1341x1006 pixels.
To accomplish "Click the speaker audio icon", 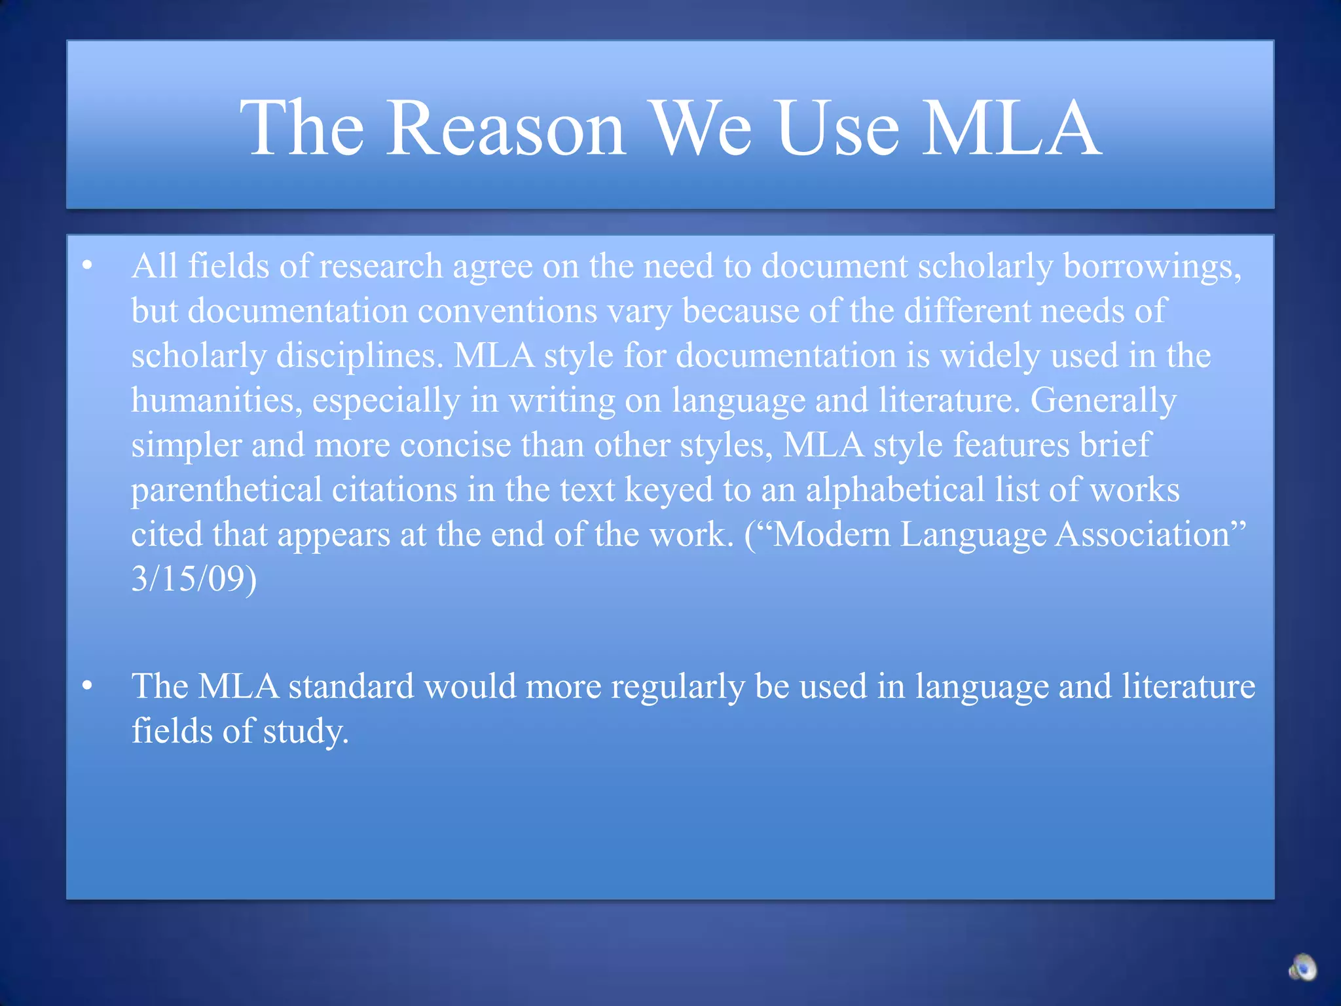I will pyautogui.click(x=1302, y=967).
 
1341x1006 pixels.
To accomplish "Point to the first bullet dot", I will pyautogui.click(x=88, y=266).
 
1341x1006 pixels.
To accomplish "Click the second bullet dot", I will pyautogui.click(x=88, y=686).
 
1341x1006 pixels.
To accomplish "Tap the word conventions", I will pyautogui.click(x=507, y=310).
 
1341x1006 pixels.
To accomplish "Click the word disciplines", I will pyautogui.click(x=359, y=356).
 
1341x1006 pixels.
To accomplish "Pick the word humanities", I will pyautogui.click(x=217, y=401).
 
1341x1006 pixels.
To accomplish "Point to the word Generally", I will pyautogui.click(x=1103, y=401).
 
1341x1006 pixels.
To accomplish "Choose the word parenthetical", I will pyautogui.click(x=227, y=491).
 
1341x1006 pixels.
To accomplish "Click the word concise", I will pyautogui.click(x=455, y=445).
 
